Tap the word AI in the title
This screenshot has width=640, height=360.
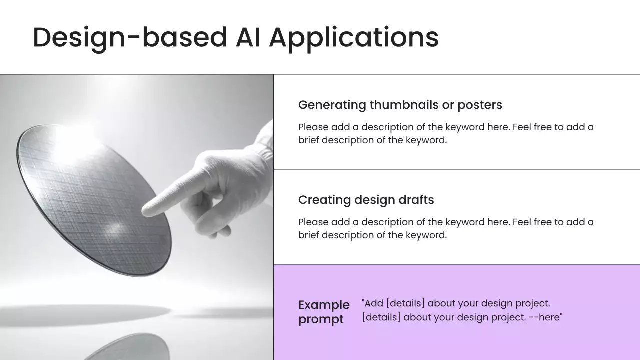click(x=248, y=37)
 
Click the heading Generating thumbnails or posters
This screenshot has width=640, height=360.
click(x=400, y=105)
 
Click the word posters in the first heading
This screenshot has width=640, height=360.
click(x=480, y=105)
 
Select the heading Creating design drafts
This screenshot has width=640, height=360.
click(x=366, y=200)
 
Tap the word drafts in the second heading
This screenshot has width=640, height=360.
click(x=416, y=200)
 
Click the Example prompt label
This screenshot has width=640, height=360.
click(x=324, y=312)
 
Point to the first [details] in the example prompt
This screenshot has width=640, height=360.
click(x=405, y=303)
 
